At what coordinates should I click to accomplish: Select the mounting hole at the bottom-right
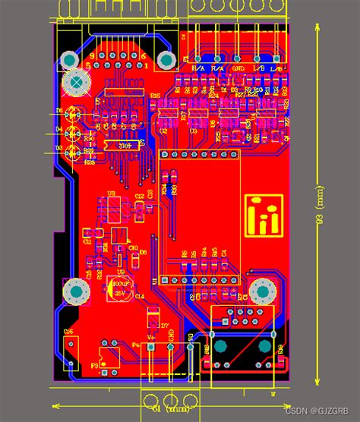point(262,290)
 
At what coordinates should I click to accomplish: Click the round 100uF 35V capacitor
point(119,289)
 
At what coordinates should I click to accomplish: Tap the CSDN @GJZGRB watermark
point(320,410)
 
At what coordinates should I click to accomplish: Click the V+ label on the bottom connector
point(151,335)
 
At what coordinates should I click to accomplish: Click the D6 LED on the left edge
point(73,115)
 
